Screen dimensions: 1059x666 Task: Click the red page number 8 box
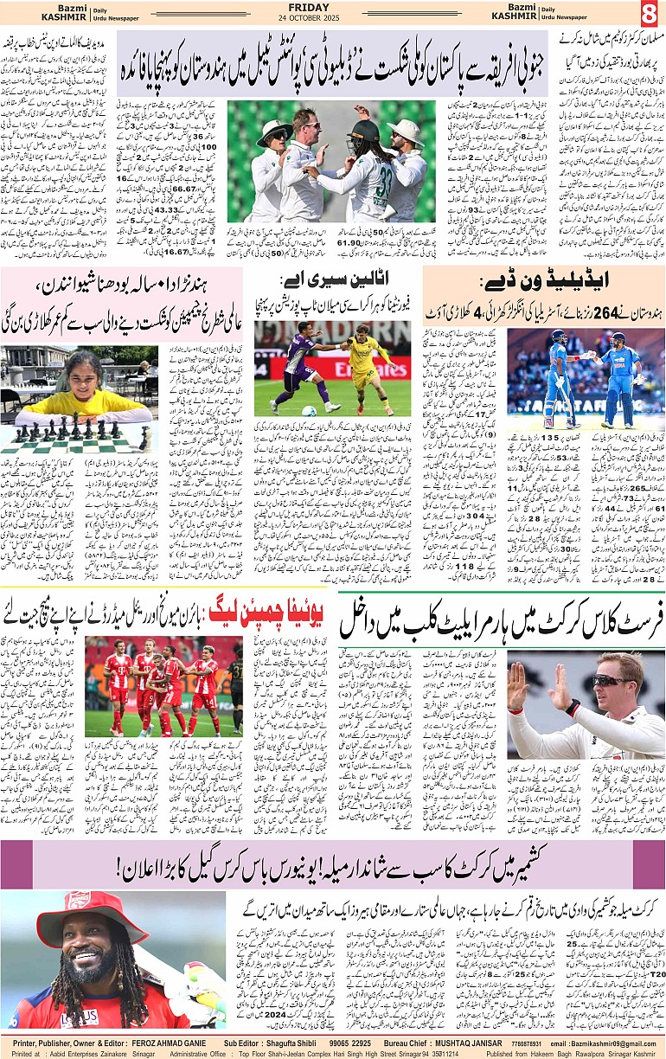(x=650, y=14)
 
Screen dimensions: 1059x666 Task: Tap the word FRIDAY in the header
(x=333, y=8)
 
